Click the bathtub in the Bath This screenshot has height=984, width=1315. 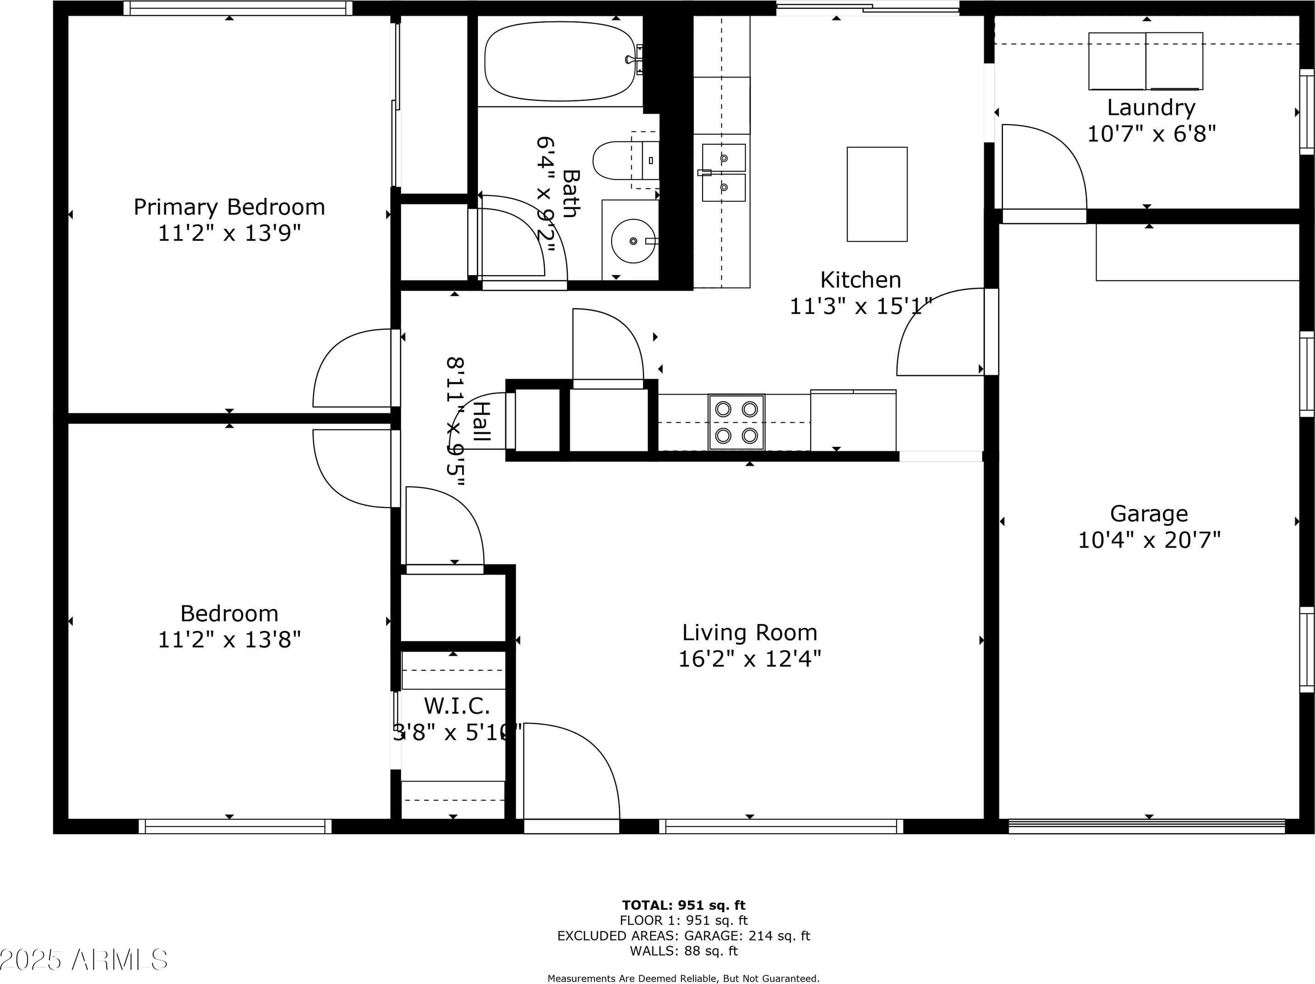(559, 61)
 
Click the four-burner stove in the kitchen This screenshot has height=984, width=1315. (736, 423)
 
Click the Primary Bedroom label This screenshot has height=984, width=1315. (229, 207)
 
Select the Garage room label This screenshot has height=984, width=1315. (1148, 513)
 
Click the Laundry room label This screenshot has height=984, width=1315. (1151, 108)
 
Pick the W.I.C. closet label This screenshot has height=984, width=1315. (456, 706)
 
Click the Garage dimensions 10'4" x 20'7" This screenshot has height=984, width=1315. (1148, 540)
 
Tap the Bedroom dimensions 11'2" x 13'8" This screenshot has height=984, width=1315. (229, 640)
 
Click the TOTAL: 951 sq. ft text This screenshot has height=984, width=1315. (684, 905)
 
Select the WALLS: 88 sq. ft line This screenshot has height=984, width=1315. (684, 951)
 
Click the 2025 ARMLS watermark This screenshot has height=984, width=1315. (84, 960)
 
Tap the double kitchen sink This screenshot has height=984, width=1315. (724, 173)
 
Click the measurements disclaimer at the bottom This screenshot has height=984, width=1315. (684, 978)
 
